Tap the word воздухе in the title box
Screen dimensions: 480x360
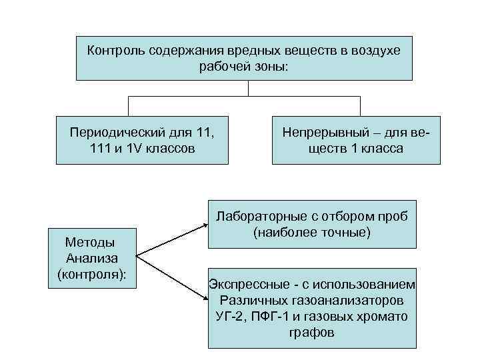[x=374, y=50]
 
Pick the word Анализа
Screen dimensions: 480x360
[x=92, y=258]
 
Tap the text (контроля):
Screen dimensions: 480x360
[x=92, y=274]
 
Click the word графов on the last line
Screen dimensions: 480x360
[x=312, y=332]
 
